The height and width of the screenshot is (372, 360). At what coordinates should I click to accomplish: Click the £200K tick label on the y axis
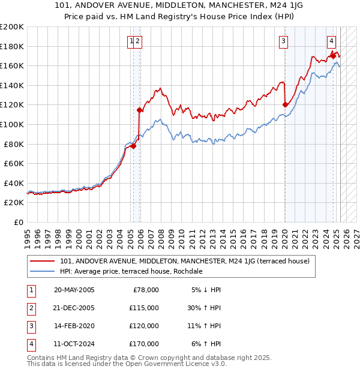(x=12, y=27)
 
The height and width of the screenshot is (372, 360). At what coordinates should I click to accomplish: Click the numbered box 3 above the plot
(x=283, y=41)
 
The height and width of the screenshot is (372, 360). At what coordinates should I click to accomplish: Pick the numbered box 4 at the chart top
(x=331, y=41)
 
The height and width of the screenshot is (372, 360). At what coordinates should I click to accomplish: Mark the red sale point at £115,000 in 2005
(x=139, y=110)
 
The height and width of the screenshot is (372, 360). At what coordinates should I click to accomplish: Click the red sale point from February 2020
(x=285, y=105)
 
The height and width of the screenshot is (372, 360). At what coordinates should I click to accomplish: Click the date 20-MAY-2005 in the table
(x=74, y=290)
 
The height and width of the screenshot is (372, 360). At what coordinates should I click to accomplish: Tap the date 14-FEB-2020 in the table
(x=74, y=326)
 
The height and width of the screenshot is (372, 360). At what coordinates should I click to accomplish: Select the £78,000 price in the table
(x=144, y=290)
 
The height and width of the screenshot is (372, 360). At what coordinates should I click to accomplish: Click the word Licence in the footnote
(x=188, y=364)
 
